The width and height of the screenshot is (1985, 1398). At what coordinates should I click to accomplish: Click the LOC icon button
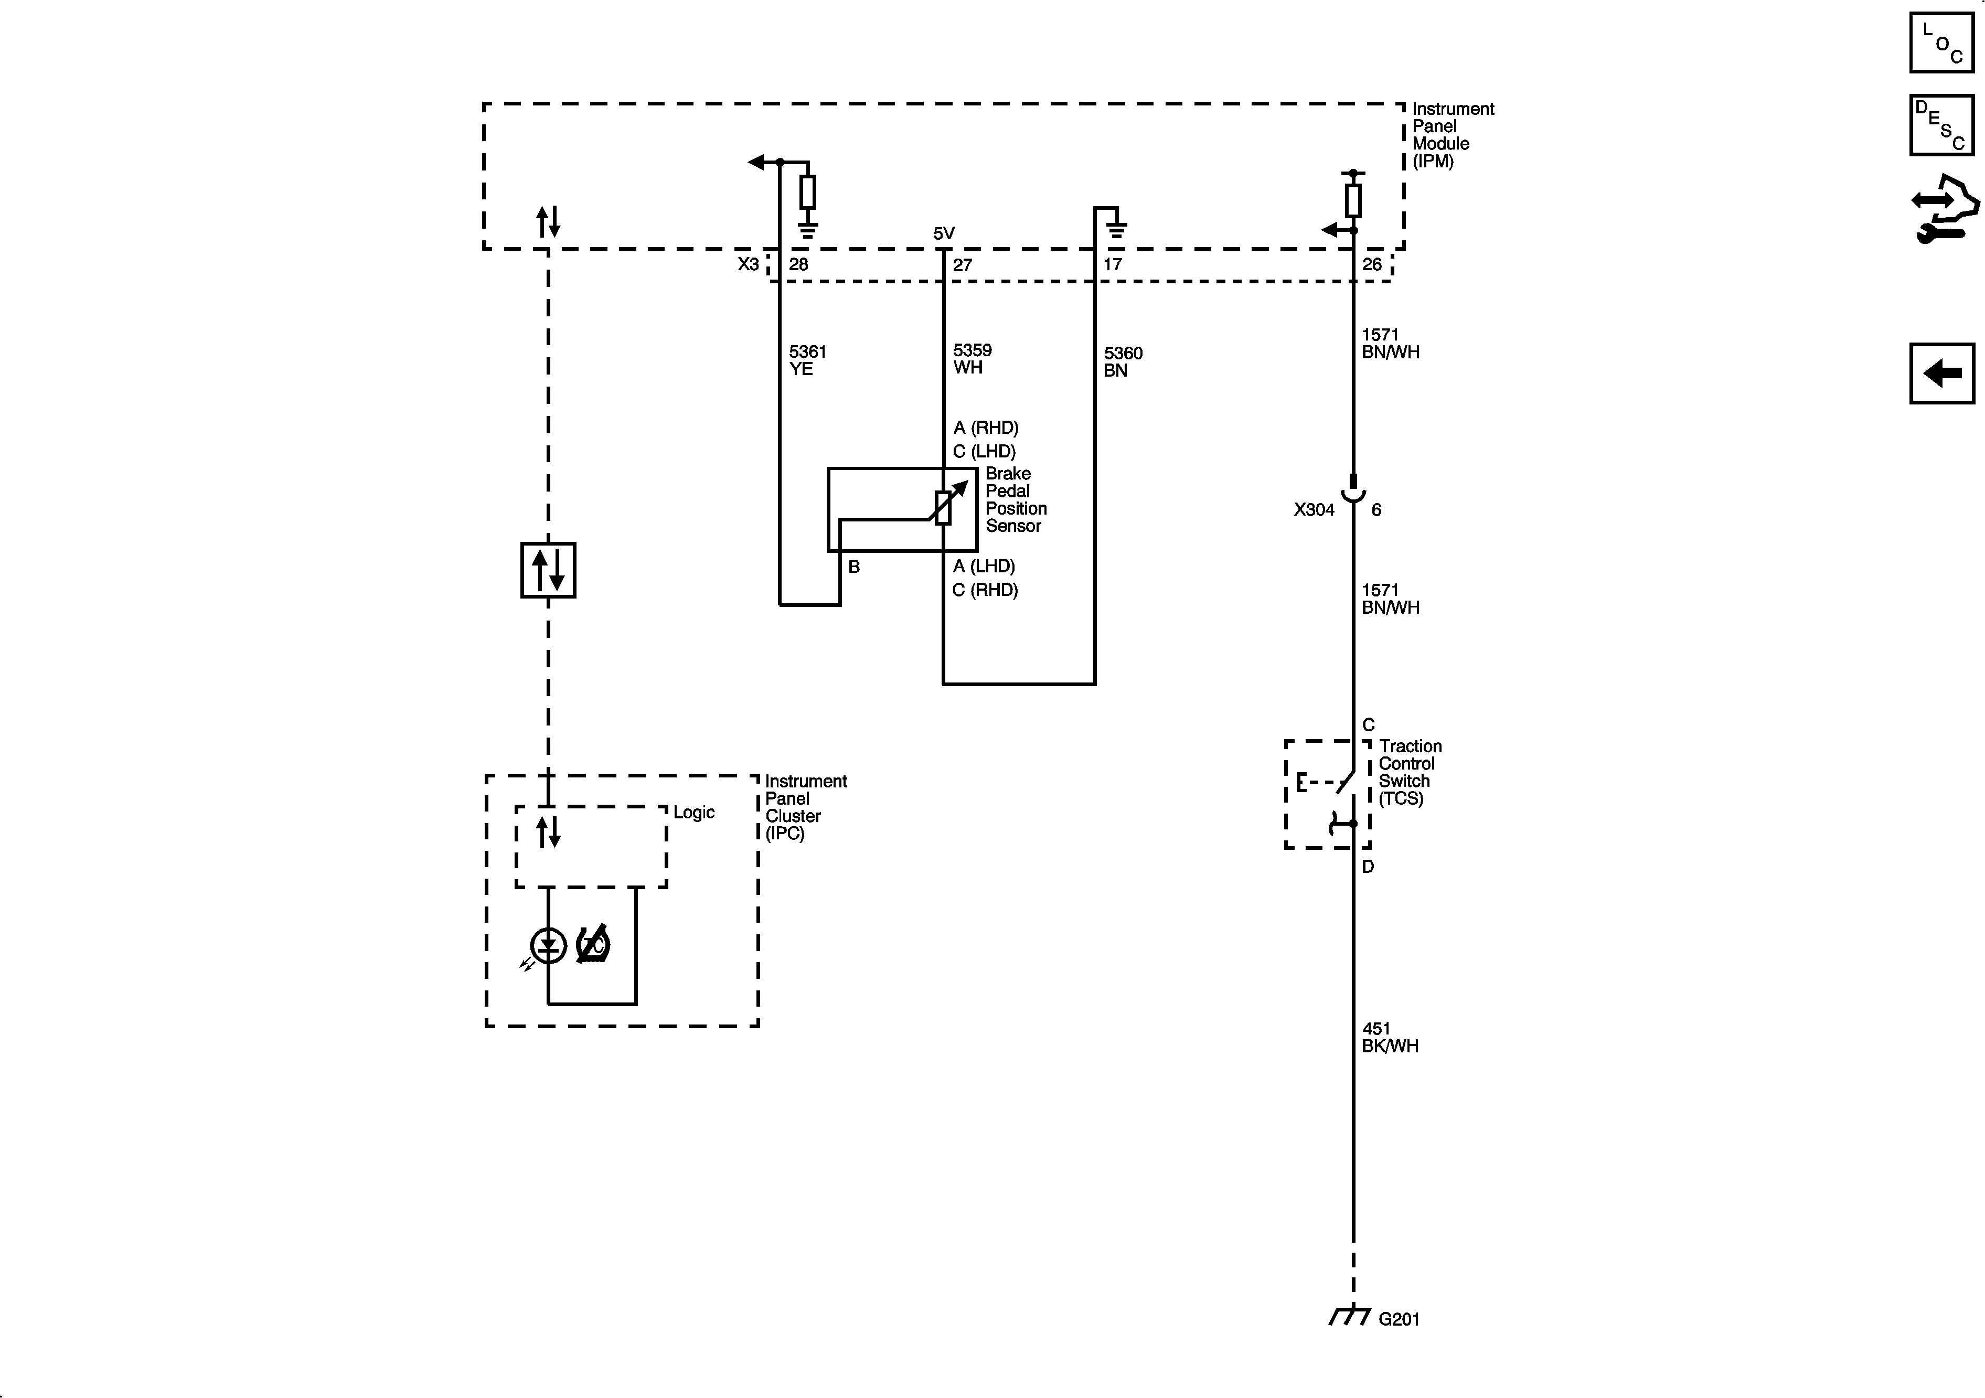1942,42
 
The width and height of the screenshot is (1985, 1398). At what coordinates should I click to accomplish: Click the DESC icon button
1942,125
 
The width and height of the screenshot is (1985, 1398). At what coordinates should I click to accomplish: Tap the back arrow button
1942,373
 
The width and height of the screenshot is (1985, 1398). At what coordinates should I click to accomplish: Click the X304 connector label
1313,510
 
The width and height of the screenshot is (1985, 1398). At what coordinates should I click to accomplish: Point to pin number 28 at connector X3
798,264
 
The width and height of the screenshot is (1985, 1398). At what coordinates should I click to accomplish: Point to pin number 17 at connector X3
1113,264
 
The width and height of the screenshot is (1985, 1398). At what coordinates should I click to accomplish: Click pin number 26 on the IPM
1372,264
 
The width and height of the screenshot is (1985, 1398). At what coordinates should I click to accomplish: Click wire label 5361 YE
807,360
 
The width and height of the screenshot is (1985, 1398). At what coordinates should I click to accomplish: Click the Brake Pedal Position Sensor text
1015,500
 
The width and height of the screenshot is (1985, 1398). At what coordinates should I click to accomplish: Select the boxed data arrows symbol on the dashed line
548,571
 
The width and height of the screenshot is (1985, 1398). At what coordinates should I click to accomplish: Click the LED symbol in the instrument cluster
548,946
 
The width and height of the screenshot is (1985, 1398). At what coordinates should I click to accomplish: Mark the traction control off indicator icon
594,945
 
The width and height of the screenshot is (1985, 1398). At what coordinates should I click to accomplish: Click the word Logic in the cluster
693,813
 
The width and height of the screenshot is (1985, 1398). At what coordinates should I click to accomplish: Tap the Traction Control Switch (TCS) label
1409,772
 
